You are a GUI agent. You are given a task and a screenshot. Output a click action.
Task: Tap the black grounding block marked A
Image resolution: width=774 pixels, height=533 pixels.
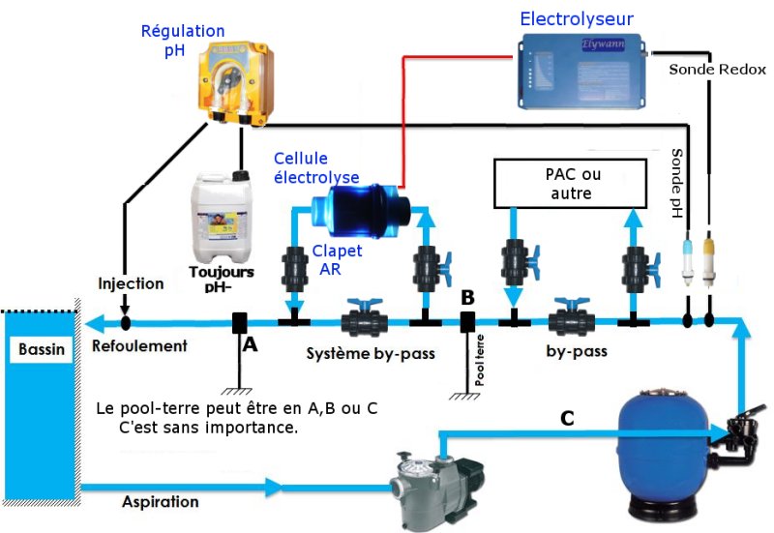click(239, 323)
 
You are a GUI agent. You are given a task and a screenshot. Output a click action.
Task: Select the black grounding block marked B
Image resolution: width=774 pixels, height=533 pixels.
click(467, 322)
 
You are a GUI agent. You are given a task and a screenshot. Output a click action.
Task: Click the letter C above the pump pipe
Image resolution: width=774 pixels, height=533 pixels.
click(569, 419)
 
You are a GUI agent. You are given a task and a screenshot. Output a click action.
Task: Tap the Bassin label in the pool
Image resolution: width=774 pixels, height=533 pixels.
click(41, 349)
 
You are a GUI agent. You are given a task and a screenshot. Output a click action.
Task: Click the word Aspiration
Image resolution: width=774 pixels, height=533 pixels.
click(161, 502)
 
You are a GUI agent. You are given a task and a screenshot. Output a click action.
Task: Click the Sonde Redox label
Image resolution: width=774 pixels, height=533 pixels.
click(718, 70)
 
